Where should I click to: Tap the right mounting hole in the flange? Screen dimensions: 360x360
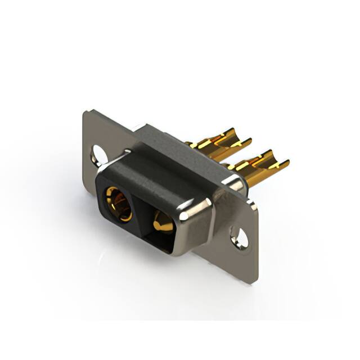pos(239,237)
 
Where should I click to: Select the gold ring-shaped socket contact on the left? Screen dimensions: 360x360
pos(118,204)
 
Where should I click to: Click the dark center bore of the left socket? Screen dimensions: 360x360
pos(119,202)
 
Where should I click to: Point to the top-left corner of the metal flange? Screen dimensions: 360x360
pos(85,112)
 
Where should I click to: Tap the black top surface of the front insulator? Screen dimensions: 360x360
pos(157,169)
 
